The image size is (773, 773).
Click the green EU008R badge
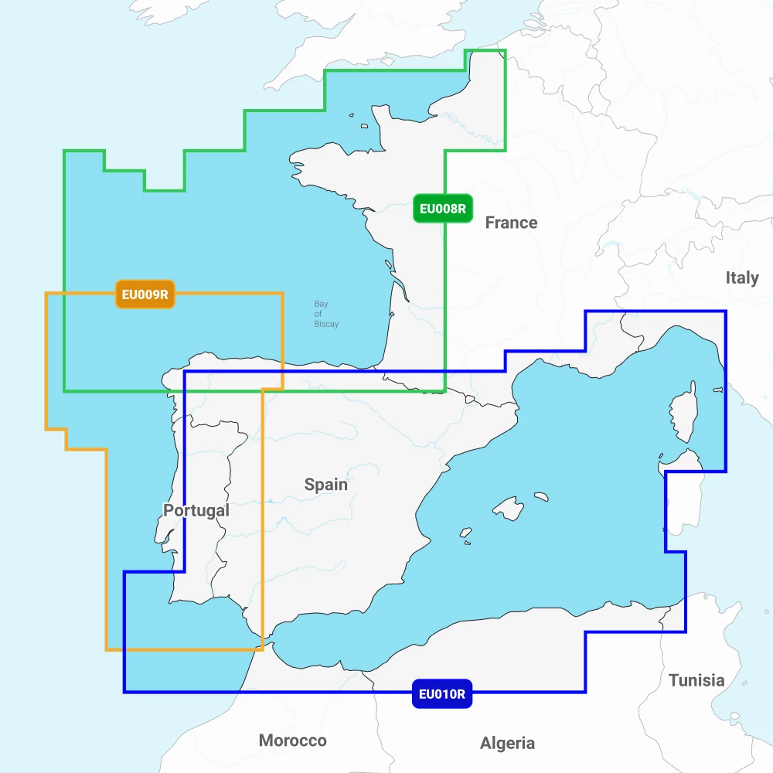[442, 209]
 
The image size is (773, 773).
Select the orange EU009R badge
[145, 294]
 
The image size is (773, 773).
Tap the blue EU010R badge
[441, 693]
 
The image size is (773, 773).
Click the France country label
[511, 223]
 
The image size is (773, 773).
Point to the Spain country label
[325, 485]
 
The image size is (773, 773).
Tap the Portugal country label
[196, 510]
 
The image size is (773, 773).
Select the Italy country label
[741, 278]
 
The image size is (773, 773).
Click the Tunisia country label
[696, 680]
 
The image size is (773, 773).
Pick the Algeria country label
[507, 743]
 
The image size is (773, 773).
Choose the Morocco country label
[292, 741]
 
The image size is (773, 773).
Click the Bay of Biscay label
[326, 314]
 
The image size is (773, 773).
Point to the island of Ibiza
[465, 533]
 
